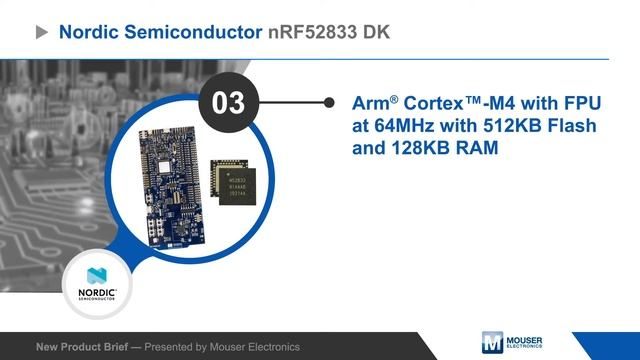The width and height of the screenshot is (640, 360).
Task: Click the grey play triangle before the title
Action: [x=42, y=32]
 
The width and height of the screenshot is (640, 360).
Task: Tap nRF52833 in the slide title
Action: [x=319, y=32]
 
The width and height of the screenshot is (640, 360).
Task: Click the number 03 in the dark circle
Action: [x=229, y=103]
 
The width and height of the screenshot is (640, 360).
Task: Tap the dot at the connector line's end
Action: [x=330, y=103]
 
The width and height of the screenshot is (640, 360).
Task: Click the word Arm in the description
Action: [x=371, y=104]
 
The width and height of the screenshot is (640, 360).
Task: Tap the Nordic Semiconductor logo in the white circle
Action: [x=98, y=280]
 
